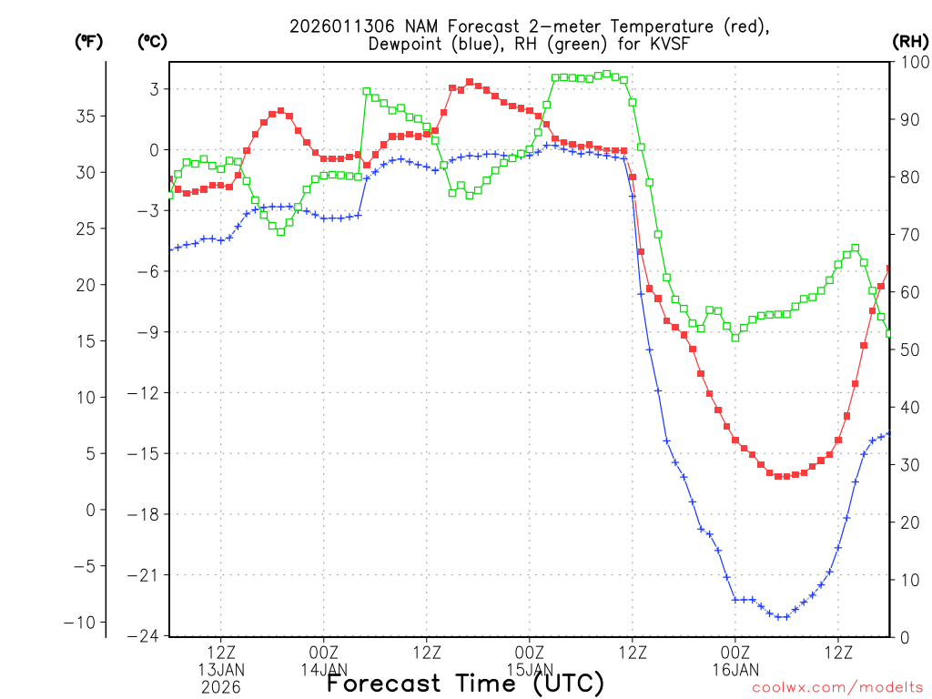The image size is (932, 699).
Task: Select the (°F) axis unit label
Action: point(89,41)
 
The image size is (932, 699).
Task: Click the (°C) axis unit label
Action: point(152,41)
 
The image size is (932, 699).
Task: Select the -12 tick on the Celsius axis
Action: point(146,393)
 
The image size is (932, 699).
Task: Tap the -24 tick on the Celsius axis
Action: point(146,635)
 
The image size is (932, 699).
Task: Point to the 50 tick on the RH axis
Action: point(906,349)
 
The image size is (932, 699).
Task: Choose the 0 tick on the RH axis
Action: point(901,637)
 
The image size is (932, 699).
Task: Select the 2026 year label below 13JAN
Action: point(221,687)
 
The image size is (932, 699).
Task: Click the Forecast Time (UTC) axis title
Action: point(465,683)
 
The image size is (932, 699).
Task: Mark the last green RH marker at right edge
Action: point(889,333)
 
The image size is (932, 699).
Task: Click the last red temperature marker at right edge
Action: point(889,268)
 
